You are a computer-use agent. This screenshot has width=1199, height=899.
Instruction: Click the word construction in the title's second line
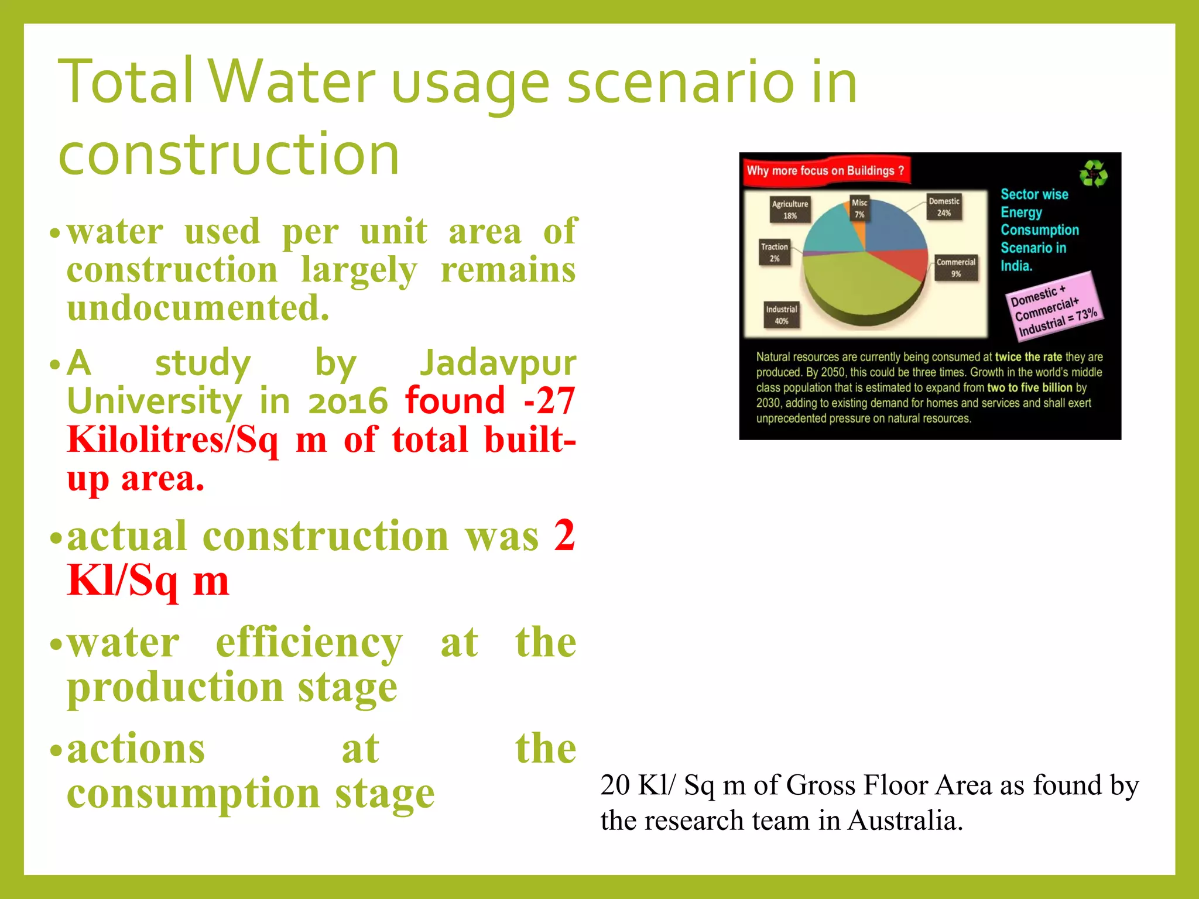(229, 154)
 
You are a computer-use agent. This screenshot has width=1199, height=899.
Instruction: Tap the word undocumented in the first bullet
(198, 308)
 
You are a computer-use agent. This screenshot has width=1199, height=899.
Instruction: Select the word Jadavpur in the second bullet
(498, 363)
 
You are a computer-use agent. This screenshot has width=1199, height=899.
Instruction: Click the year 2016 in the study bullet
(348, 402)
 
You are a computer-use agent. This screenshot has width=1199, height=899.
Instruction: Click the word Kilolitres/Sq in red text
(173, 440)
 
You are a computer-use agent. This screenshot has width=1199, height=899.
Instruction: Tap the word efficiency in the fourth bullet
(309, 643)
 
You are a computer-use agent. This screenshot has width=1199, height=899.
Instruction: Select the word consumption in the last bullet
(193, 794)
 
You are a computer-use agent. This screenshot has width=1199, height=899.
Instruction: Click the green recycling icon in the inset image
(1093, 174)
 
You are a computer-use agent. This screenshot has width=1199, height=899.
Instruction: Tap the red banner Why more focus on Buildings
(825, 171)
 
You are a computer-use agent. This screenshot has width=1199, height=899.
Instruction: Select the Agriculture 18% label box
(790, 209)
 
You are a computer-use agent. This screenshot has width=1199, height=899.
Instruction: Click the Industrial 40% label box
(782, 315)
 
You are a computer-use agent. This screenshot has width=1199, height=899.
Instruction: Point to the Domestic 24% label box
(944, 207)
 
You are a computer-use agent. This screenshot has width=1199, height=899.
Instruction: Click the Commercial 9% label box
(955, 267)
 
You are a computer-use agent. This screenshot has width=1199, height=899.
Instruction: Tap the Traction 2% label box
(775, 252)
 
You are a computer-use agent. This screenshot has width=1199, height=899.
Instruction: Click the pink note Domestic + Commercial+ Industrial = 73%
(1053, 306)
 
